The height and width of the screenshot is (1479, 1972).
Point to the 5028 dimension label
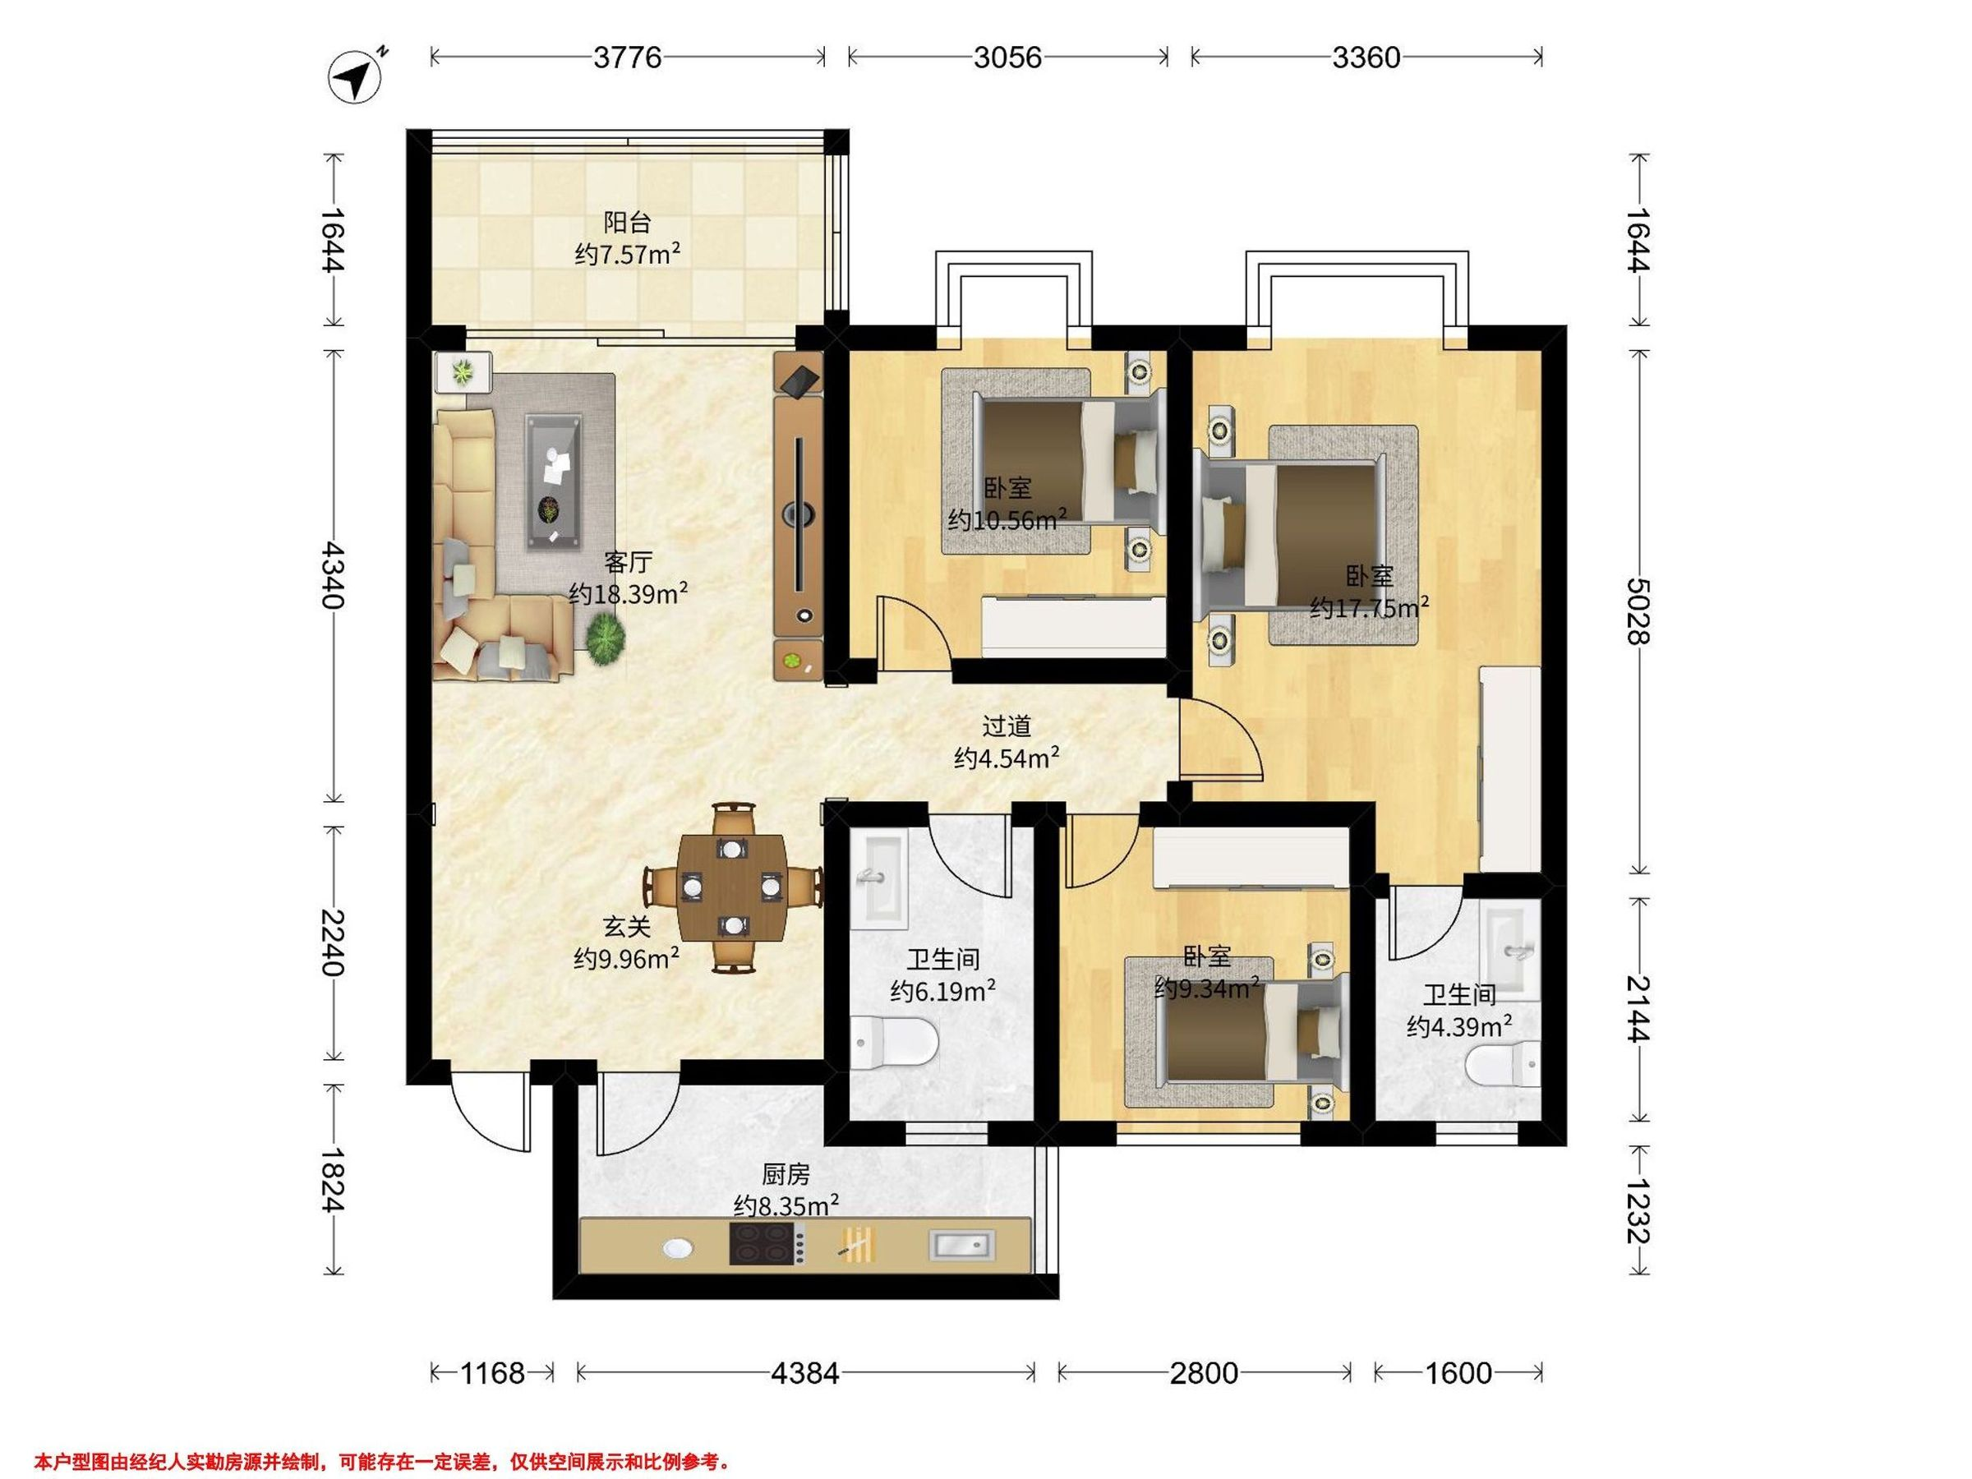pos(1638,610)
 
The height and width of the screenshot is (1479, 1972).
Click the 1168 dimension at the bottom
pos(492,1372)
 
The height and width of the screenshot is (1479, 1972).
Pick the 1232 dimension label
pos(1638,1210)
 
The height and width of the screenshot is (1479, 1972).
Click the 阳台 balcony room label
pos(627,222)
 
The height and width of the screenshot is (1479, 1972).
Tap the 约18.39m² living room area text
pos(629,593)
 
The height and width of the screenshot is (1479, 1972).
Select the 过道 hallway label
pos(1007,726)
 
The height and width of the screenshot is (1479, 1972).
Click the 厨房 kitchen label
pos(786,1174)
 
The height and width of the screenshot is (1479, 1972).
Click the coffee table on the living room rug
pos(554,482)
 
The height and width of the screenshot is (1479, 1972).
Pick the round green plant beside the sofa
pos(606,639)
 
